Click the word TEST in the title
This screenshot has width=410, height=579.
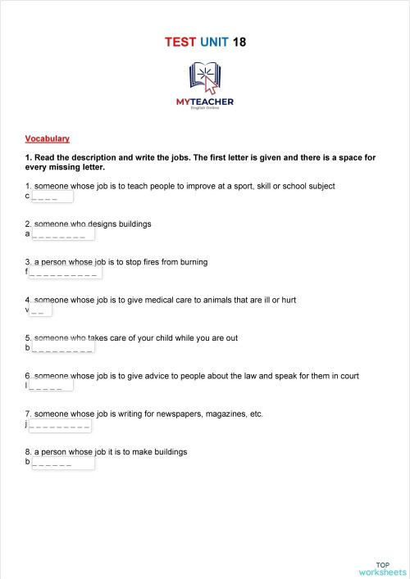click(180, 42)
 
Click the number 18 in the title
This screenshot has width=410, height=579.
click(239, 42)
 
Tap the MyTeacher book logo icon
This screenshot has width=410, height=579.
click(204, 78)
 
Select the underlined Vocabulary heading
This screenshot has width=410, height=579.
click(48, 138)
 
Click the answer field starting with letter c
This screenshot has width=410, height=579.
click(52, 197)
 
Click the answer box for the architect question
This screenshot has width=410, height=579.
click(62, 234)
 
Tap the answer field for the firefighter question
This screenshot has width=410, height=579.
click(66, 272)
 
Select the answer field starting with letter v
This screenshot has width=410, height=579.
click(41, 310)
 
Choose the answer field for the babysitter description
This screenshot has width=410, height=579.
click(62, 348)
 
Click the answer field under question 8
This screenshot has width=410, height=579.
click(62, 463)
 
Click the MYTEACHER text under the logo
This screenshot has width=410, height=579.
click(204, 102)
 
